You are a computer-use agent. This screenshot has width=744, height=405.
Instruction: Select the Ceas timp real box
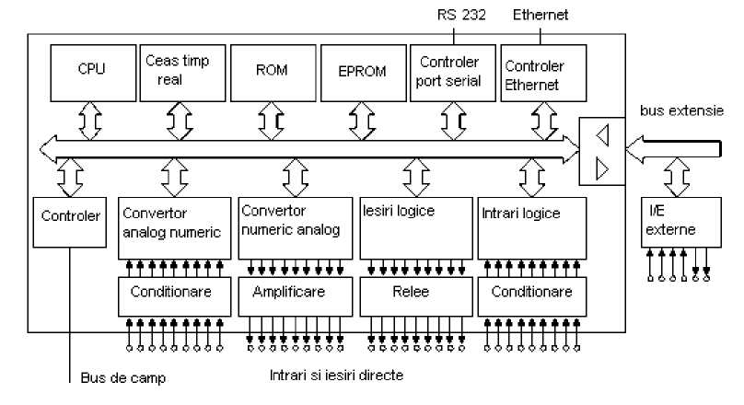click(178, 70)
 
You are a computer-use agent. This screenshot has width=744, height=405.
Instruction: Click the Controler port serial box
click(449, 70)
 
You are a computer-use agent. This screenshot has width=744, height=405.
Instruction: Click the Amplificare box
click(295, 294)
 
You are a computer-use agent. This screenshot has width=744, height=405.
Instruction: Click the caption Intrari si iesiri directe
click(336, 376)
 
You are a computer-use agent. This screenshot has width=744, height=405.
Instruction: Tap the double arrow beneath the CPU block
click(89, 120)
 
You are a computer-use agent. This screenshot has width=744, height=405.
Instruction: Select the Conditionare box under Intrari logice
click(532, 294)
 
